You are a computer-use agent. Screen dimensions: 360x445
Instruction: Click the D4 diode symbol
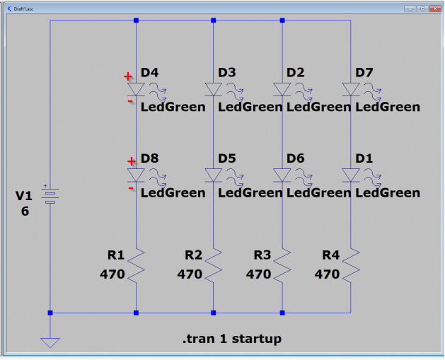click(x=136, y=90)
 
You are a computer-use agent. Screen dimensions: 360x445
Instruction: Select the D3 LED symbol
click(x=213, y=90)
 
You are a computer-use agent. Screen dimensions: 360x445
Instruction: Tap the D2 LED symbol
click(x=282, y=90)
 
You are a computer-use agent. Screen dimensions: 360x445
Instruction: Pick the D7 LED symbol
click(x=350, y=90)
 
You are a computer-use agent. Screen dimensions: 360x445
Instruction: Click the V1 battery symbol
click(x=50, y=196)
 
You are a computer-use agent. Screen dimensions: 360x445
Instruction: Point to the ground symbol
click(x=50, y=342)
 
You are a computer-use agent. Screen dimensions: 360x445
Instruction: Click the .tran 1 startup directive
click(x=231, y=339)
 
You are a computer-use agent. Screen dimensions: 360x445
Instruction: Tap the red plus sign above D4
click(x=128, y=76)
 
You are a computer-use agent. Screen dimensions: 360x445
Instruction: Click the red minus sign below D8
click(x=130, y=189)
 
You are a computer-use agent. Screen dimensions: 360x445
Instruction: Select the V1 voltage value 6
click(x=25, y=211)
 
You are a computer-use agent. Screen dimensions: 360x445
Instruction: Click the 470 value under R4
click(x=327, y=274)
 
